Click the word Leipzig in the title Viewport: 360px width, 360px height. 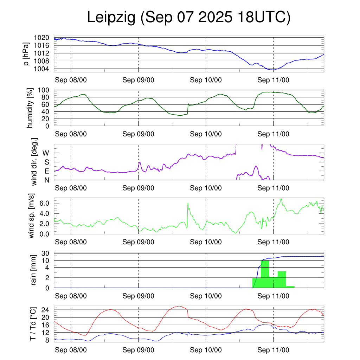point(111,18)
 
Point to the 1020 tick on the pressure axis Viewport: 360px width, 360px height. point(44,38)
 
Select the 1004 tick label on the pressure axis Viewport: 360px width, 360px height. point(44,69)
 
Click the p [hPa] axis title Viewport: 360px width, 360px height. point(26,54)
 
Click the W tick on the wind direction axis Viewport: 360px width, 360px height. point(46,153)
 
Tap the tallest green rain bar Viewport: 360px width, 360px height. point(265,274)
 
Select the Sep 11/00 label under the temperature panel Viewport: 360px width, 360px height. point(273,350)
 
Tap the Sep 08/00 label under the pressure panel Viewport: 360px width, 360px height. point(71,80)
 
